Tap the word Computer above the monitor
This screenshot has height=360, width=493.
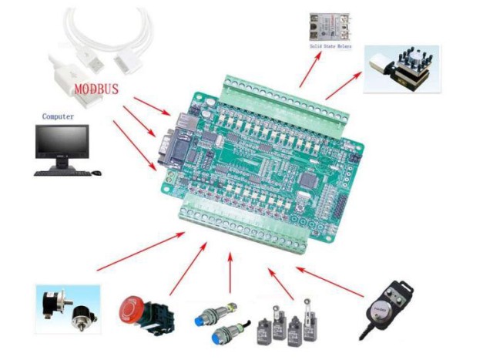pos(58,116)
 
